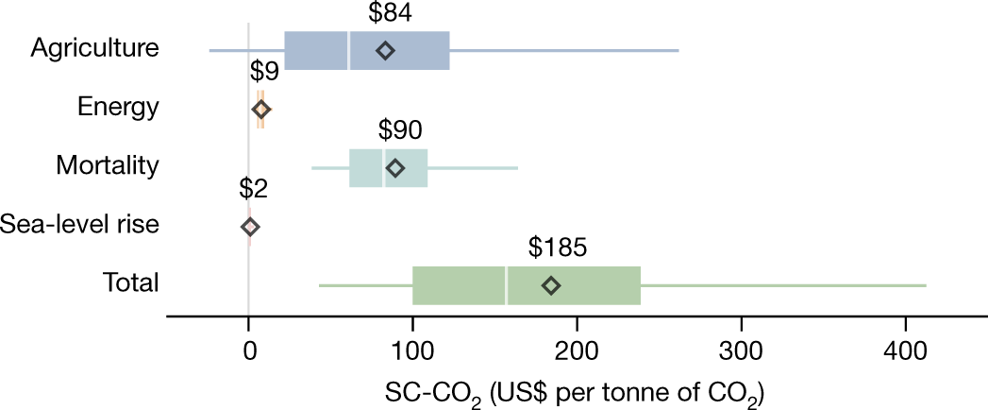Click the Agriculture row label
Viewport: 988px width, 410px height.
(94, 49)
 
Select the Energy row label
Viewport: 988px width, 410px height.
(118, 108)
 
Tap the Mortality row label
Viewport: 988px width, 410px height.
(107, 166)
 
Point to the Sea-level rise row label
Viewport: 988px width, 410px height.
(80, 225)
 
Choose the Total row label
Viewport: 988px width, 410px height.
(131, 283)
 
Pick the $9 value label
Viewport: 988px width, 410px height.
(263, 72)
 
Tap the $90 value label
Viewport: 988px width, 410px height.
(399, 129)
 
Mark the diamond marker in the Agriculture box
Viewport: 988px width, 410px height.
(385, 50)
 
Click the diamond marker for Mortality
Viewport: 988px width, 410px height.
(395, 168)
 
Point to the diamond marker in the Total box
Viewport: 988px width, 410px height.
(552, 285)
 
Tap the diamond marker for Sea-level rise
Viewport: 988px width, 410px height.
(250, 227)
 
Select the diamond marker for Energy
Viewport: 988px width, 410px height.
(261, 110)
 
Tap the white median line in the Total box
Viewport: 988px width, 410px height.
(507, 285)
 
